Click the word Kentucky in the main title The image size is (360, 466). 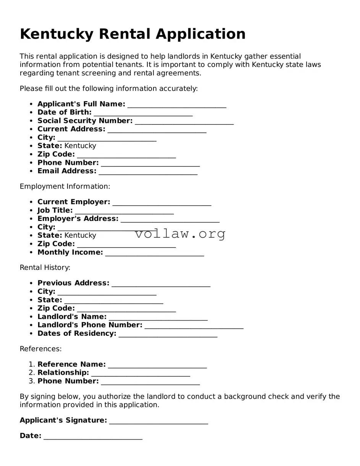tap(56, 34)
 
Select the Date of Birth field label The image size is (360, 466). tap(64, 112)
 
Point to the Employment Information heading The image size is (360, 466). tap(65, 186)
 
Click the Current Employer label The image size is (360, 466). tap(74, 202)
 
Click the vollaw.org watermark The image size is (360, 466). tap(180, 234)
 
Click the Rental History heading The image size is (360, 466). tap(45, 268)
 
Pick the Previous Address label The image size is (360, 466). tap(73, 283)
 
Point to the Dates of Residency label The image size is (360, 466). tap(77, 334)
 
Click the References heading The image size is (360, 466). tap(40, 349)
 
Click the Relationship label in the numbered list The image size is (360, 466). tap(63, 372)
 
